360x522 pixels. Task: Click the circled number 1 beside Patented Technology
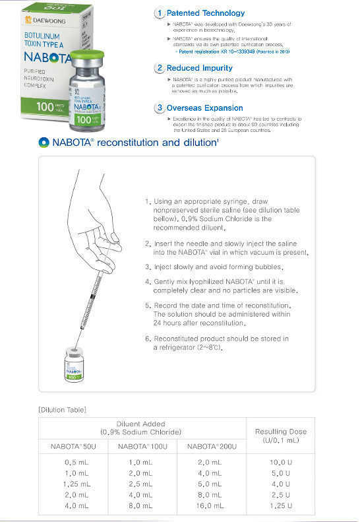click(x=158, y=13)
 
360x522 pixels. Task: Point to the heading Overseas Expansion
click(x=204, y=108)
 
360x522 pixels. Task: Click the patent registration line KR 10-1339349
click(x=231, y=51)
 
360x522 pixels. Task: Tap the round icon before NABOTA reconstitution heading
click(x=44, y=143)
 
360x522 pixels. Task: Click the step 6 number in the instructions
click(x=148, y=339)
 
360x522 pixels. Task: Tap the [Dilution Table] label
click(x=62, y=410)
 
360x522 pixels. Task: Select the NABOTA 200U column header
click(x=209, y=447)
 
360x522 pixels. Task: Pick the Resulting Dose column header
click(x=281, y=436)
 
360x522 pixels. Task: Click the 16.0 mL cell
click(x=209, y=506)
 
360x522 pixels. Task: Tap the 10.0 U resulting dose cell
click(x=281, y=463)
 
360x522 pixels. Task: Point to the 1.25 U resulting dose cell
click(x=281, y=506)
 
